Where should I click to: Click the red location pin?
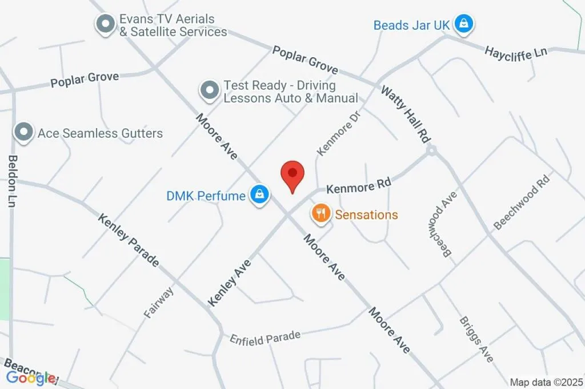point(293,175)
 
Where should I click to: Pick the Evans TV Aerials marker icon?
point(105,25)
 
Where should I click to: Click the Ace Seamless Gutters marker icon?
point(24,132)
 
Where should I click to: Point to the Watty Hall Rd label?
point(406,114)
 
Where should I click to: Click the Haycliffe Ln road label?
point(515,52)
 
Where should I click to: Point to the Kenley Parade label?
point(128,240)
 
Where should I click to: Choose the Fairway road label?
point(160,301)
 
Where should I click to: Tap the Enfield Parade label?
point(265,338)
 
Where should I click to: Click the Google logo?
point(31,378)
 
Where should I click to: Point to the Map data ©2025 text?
point(546,382)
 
